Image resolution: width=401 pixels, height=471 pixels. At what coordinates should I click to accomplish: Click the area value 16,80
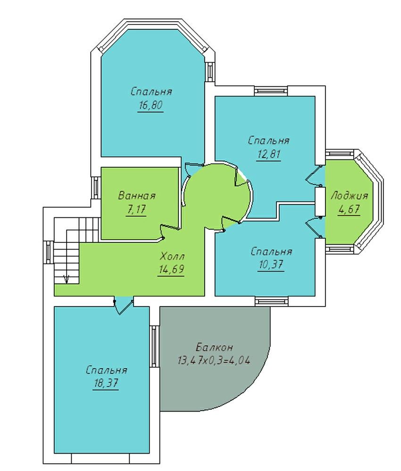pos(150,106)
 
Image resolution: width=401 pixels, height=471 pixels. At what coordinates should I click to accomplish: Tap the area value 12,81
pos(268,154)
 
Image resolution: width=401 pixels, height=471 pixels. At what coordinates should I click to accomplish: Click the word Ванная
pos(137,196)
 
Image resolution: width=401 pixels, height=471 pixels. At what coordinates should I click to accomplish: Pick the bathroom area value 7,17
pos(136,209)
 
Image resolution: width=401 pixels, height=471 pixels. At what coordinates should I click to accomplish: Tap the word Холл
pos(172,256)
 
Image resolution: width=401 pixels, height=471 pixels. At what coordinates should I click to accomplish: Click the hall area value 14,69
pos(171,269)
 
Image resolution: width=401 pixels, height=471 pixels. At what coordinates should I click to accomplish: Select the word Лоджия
pos(349,196)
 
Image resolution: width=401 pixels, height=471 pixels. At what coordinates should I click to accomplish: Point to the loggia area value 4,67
pos(349,209)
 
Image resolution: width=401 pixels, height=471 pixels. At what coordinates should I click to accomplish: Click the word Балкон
pos(214,347)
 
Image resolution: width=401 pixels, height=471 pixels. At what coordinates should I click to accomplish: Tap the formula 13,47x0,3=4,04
pos(214,360)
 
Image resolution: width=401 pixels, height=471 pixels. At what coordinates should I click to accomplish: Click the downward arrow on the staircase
pos(67,280)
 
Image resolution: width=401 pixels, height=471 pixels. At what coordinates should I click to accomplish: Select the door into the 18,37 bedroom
pos(124,306)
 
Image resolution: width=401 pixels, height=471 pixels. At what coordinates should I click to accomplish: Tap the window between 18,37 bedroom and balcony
pos(154,347)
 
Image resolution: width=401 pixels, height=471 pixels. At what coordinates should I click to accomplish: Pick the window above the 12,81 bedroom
pos(271,91)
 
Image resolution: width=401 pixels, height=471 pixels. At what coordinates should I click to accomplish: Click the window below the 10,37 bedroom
pos(271,301)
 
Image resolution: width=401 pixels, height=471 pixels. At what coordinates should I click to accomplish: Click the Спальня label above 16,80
pos(151,91)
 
